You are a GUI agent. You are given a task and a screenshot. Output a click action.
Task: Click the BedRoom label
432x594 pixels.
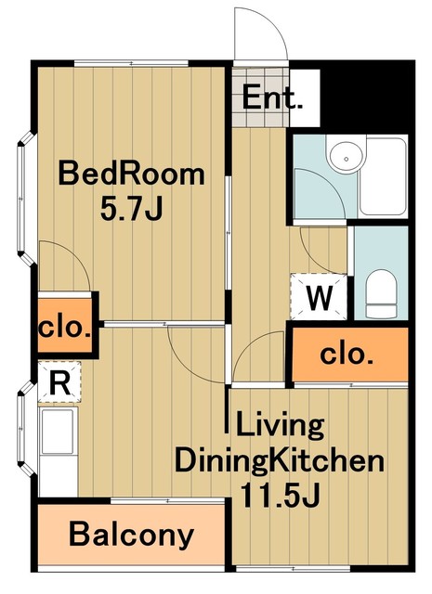point(131,174)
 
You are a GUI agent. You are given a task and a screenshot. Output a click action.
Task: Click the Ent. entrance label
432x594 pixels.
point(273,97)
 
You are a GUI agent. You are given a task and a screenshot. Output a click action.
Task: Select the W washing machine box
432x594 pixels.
point(320,299)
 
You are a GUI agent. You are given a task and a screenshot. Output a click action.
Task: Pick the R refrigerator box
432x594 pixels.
point(59,381)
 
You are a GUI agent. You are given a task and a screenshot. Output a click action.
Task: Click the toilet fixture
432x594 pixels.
point(380,293)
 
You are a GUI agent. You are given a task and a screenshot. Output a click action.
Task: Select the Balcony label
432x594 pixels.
point(132,536)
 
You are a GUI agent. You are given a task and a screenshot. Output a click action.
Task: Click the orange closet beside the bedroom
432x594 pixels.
point(65,328)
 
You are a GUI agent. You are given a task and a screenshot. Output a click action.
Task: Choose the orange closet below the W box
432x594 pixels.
point(348,354)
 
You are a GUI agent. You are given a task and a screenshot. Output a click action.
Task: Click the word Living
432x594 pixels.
point(279,426)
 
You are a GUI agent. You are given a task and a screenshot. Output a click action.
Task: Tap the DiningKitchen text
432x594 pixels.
point(280,459)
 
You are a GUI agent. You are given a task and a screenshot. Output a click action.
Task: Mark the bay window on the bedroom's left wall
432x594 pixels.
point(24,196)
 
